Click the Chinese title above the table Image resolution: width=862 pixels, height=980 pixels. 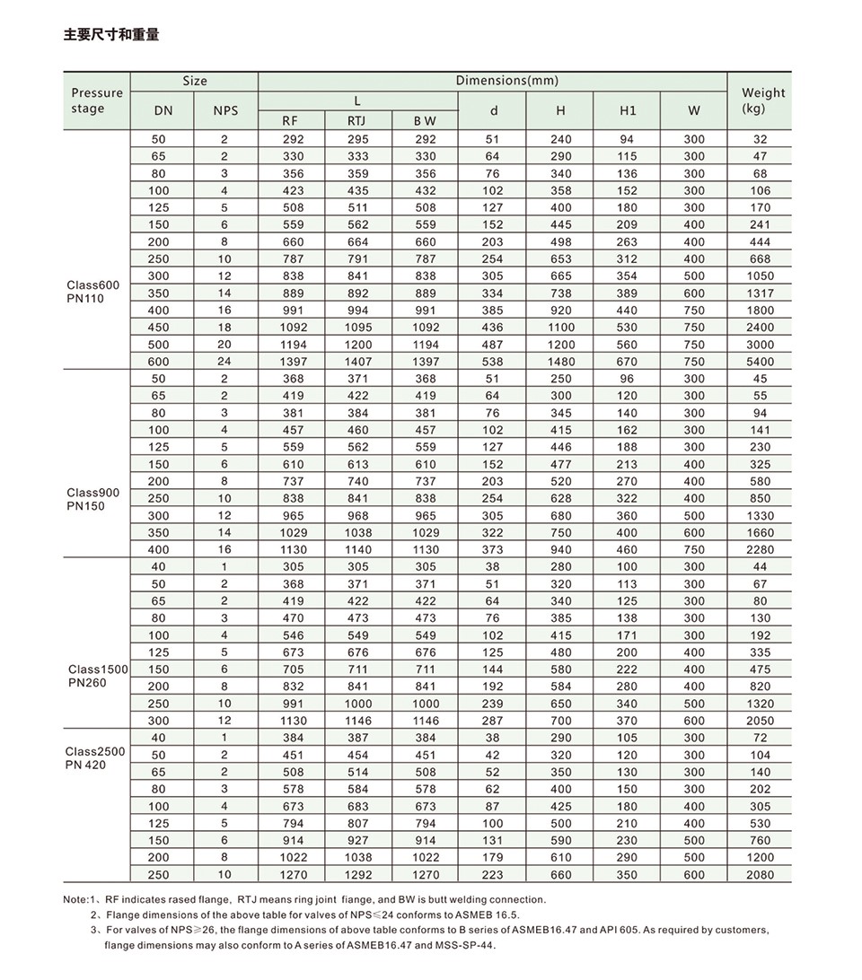click(111, 36)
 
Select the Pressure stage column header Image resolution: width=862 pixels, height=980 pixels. click(96, 101)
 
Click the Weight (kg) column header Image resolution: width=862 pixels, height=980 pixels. click(762, 100)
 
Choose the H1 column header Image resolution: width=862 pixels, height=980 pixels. click(628, 110)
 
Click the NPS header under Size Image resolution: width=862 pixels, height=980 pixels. click(225, 110)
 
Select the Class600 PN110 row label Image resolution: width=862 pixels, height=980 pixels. click(92, 292)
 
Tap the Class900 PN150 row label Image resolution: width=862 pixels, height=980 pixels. click(92, 499)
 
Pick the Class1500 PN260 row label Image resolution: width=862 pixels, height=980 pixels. click(98, 676)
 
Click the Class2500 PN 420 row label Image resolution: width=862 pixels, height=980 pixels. click(95, 758)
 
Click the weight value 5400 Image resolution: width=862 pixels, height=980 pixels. click(760, 362)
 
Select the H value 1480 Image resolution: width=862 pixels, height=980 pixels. click(560, 362)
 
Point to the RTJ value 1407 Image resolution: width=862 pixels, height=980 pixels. click(357, 362)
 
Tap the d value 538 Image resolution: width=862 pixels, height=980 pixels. click(492, 362)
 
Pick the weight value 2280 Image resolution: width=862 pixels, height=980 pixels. click(760, 550)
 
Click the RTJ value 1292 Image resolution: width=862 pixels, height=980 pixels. click(357, 875)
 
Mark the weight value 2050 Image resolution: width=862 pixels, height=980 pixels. click(760, 721)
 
